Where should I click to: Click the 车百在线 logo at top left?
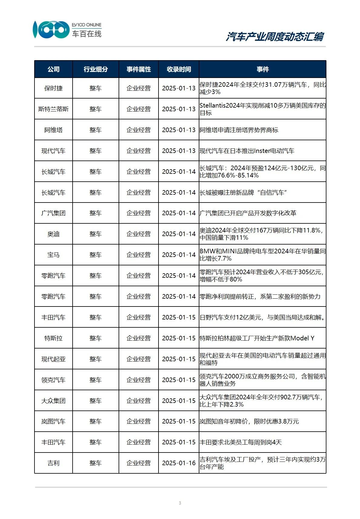click(67, 30)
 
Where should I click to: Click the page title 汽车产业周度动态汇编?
click(275, 37)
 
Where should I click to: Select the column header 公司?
click(54, 69)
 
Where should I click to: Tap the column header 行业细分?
click(96, 69)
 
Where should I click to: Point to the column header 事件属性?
click(139, 69)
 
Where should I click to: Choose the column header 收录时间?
click(179, 69)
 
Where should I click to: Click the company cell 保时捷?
click(54, 88)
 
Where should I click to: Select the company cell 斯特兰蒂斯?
click(54, 109)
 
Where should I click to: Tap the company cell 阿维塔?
click(54, 130)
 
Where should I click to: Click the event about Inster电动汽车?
click(247, 151)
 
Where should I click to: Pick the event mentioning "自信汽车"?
click(243, 193)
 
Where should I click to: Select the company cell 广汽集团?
click(54, 213)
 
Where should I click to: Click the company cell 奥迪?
click(54, 234)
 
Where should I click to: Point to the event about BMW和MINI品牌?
click(262, 255)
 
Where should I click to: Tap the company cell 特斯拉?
click(54, 338)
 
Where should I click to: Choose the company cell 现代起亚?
click(54, 359)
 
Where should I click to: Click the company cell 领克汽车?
click(54, 380)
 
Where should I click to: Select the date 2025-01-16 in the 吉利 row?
click(179, 463)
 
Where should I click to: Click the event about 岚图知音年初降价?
click(249, 421)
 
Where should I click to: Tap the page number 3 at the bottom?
click(180, 503)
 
